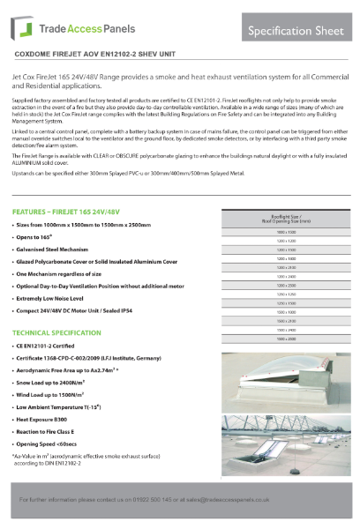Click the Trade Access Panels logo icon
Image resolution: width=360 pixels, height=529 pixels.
click(19, 28)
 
